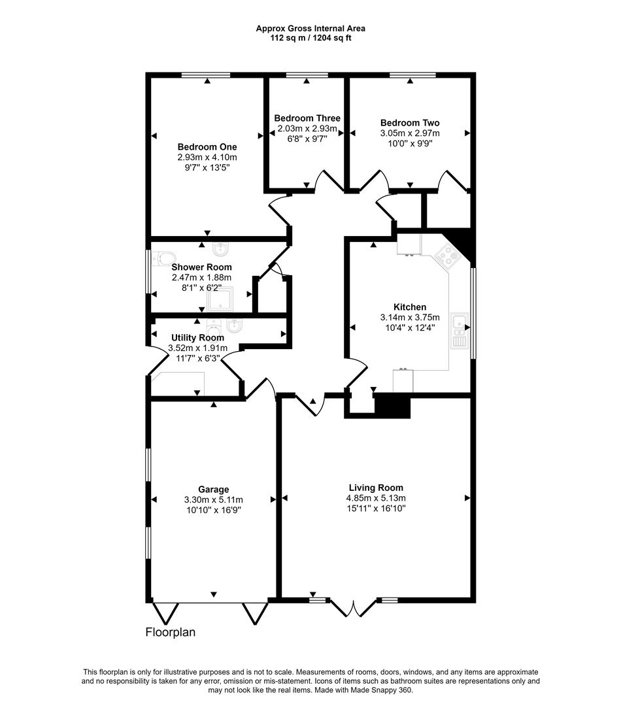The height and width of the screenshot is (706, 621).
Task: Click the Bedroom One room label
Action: [x=207, y=147]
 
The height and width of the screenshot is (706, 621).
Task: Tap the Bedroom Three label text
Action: [x=307, y=118]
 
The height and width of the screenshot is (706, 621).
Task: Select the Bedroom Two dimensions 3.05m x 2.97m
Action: [x=410, y=133]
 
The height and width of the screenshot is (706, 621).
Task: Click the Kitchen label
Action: [x=410, y=307]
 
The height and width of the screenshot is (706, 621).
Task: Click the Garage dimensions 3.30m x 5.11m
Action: [x=214, y=499]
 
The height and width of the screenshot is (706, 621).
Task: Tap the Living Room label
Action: [x=376, y=488]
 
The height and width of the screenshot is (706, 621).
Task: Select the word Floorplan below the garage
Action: [x=170, y=633]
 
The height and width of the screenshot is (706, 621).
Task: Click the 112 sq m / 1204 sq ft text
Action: [x=310, y=38]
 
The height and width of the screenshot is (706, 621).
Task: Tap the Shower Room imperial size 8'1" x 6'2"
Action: [x=201, y=287]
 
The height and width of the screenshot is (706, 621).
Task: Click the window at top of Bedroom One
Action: [x=207, y=76]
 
